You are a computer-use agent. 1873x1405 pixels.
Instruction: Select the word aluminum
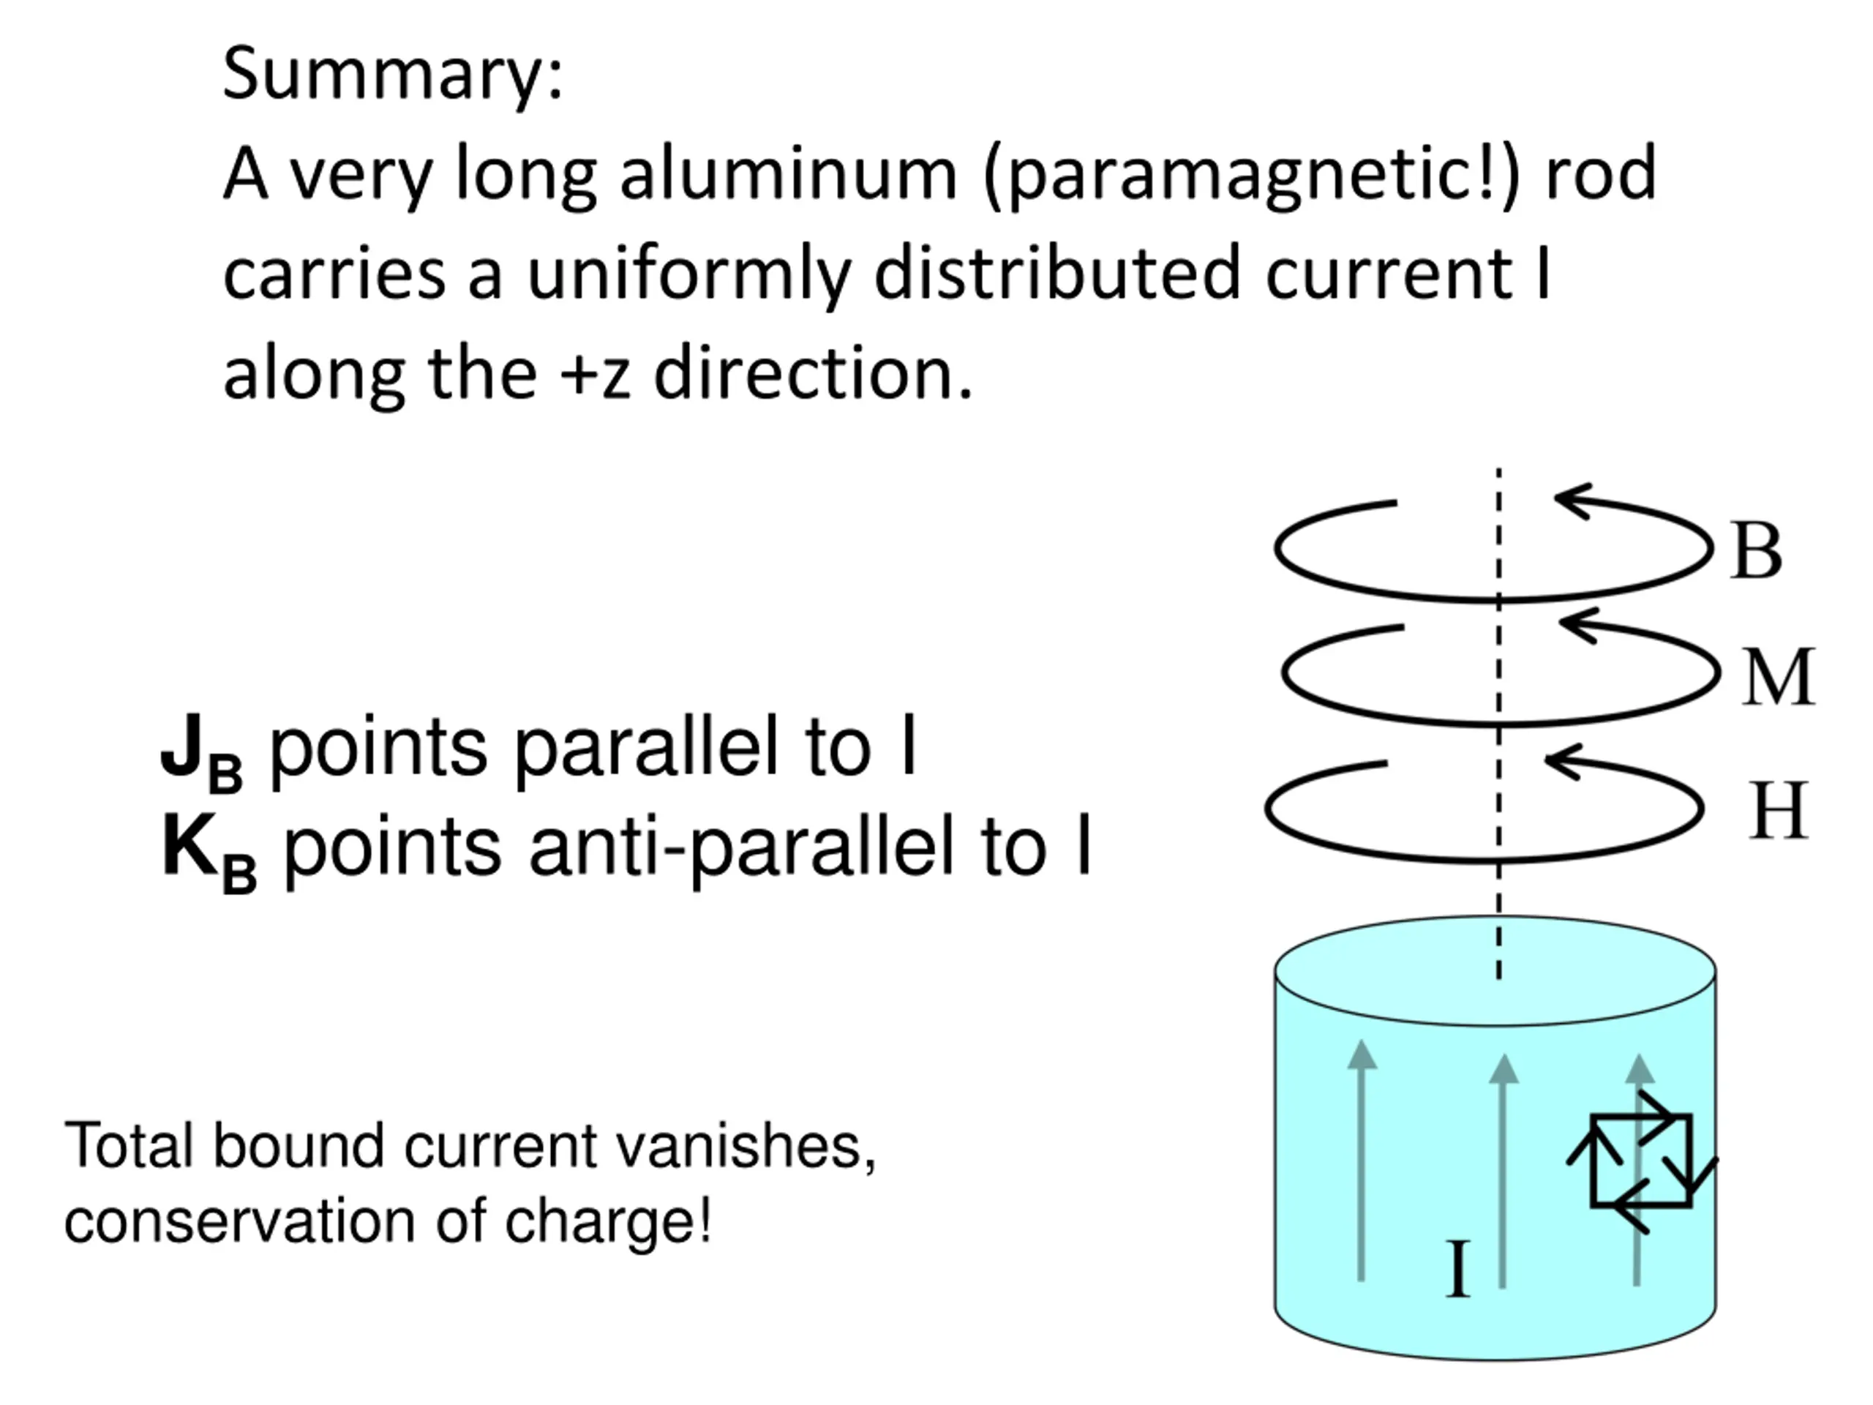(788, 173)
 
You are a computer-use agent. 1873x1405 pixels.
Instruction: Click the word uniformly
(688, 274)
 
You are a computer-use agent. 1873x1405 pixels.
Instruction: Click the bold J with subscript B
(201, 752)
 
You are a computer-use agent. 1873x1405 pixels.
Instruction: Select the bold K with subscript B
(209, 852)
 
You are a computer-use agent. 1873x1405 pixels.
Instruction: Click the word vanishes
(745, 1146)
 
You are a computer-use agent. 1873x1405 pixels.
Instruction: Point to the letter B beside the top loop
(1757, 550)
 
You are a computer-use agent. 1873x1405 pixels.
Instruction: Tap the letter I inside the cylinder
(1457, 1269)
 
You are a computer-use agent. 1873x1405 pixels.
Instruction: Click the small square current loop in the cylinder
(1642, 1161)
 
